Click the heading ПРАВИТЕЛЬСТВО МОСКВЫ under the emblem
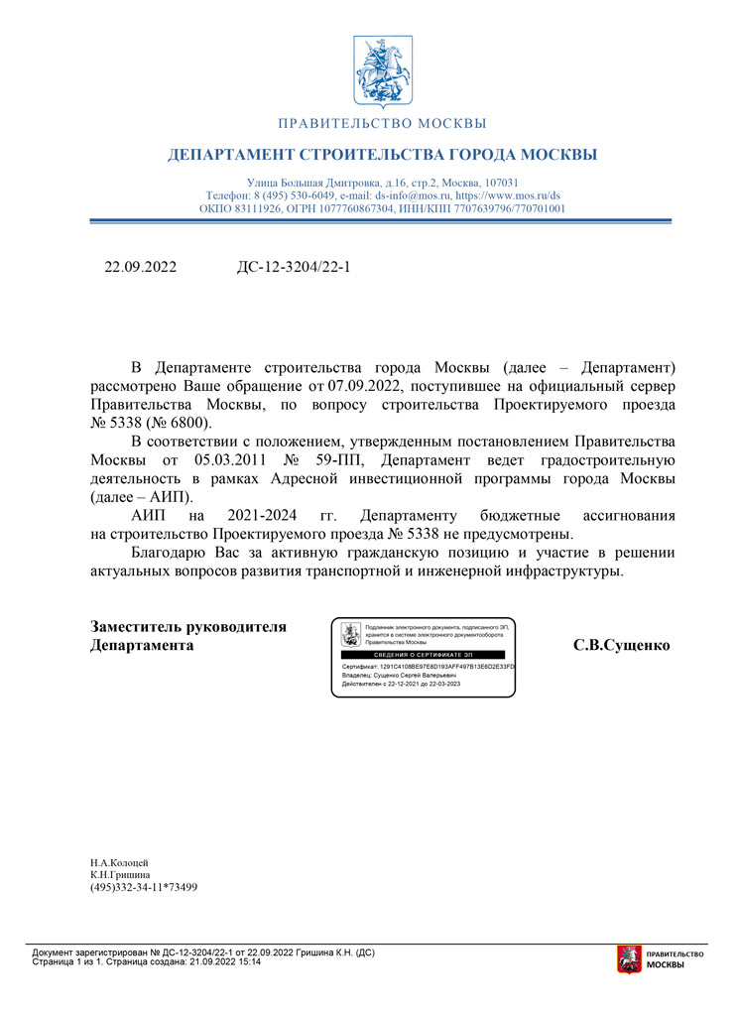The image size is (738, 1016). [x=383, y=124]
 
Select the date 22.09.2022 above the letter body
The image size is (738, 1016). [x=141, y=267]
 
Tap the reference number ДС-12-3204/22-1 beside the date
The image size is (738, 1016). [x=295, y=267]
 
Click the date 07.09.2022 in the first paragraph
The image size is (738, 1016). [x=366, y=386]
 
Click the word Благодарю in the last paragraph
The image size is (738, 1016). [x=169, y=553]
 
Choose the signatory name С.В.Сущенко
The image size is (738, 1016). [x=622, y=645]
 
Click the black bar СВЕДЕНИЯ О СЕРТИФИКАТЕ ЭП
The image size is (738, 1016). [x=423, y=657]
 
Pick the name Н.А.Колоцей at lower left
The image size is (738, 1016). [x=119, y=862]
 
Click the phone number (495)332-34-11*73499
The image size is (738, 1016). [x=144, y=887]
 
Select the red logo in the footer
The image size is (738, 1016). [x=627, y=959]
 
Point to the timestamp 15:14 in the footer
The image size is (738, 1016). [x=248, y=962]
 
